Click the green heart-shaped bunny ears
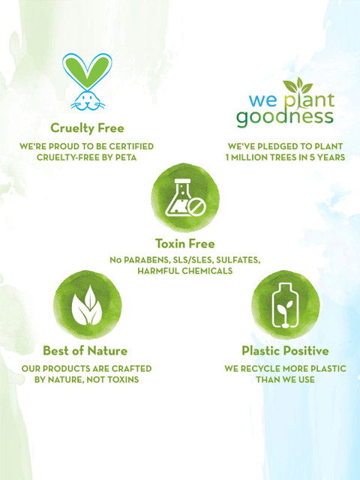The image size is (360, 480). point(87,70)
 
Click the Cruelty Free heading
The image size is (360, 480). point(87,128)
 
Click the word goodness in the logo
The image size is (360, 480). point(285,118)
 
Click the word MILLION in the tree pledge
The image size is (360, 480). point(250,157)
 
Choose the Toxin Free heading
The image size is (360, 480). point(185,244)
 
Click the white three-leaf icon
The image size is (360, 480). point(88,305)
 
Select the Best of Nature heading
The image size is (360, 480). point(85,350)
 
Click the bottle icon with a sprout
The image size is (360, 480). point(286,305)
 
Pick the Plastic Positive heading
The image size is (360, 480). point(285,351)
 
